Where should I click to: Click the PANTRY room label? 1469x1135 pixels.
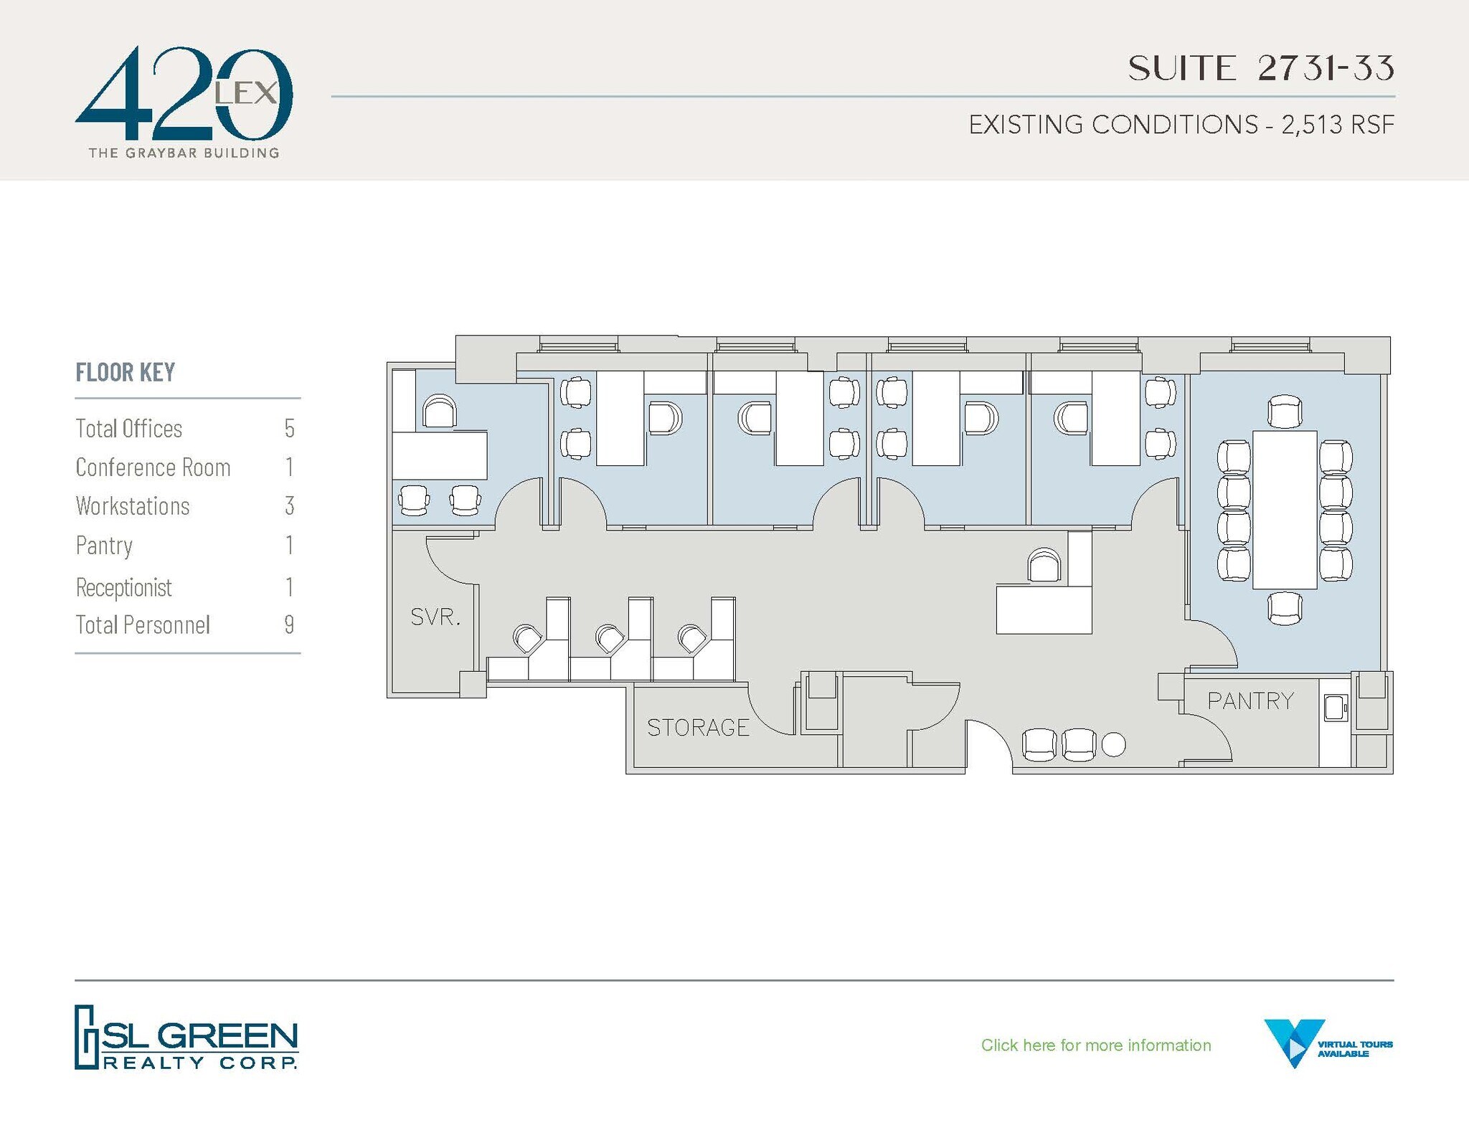click(1250, 701)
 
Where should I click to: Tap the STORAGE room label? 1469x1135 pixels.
click(698, 728)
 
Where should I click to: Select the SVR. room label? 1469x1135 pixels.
click(435, 617)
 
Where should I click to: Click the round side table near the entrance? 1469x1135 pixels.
click(1113, 745)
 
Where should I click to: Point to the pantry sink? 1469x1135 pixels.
click(1336, 708)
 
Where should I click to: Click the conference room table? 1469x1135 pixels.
click(1285, 510)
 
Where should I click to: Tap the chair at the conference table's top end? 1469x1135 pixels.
click(1285, 412)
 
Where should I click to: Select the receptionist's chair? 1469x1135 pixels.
click(1044, 566)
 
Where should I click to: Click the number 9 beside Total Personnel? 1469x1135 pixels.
click(289, 625)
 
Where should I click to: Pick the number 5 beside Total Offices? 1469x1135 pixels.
click(289, 429)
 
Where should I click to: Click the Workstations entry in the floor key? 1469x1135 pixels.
click(133, 506)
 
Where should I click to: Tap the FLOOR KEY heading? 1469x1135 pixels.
click(126, 372)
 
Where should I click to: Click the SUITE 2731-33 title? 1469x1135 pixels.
click(1260, 69)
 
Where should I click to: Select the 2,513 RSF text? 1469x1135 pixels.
click(1338, 125)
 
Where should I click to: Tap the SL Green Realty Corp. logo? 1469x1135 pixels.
click(186, 1037)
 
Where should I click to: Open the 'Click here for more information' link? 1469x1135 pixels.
click(1095, 1045)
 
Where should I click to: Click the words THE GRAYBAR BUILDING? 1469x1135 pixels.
click(184, 153)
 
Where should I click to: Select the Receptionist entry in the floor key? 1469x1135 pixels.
click(124, 588)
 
